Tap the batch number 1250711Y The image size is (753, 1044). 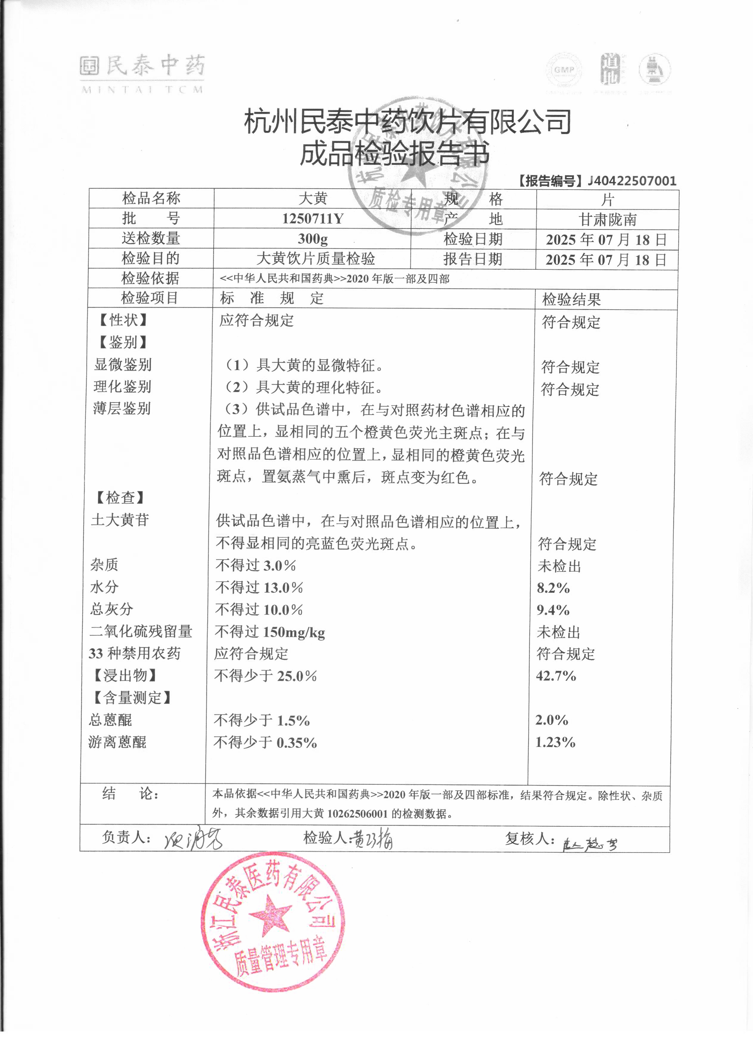pos(313,218)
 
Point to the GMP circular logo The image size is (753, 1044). pos(564,71)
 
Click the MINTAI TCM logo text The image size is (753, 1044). pos(142,89)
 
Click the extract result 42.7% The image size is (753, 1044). pos(556,676)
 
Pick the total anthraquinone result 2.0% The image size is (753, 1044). pos(552,720)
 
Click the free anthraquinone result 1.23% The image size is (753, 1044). pos(555,742)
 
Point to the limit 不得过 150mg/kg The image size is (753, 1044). pos(270,632)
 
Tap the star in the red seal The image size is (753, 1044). pos(271,914)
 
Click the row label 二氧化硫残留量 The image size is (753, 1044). pos(141,631)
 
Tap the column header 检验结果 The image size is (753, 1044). pos(571,300)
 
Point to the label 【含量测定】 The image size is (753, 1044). pos(132,698)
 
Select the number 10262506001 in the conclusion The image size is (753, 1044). pos(357,813)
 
